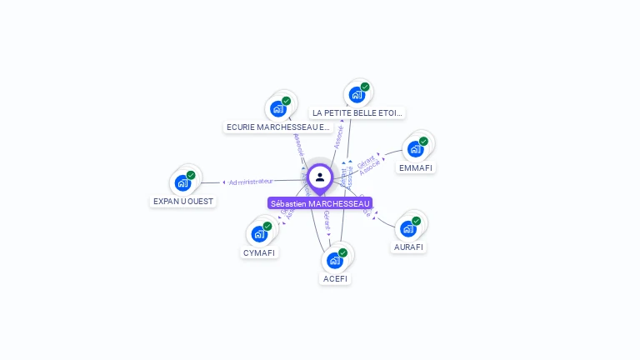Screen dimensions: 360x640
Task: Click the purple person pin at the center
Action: click(x=320, y=177)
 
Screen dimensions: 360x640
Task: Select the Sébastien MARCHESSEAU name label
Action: click(x=320, y=203)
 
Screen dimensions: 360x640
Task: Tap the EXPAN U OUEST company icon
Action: click(x=183, y=182)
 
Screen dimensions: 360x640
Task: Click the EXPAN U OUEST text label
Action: click(x=183, y=201)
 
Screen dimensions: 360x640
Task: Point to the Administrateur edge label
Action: click(x=251, y=181)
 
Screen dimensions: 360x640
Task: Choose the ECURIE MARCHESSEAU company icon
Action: click(x=278, y=108)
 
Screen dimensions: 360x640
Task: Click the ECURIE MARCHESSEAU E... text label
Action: click(x=278, y=127)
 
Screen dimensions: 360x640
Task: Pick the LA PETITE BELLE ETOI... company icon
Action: click(x=357, y=94)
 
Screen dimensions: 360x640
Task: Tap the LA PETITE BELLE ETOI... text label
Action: click(x=357, y=112)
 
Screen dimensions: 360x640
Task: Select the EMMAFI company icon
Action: click(x=415, y=149)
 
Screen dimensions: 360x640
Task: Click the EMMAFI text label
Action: click(x=416, y=167)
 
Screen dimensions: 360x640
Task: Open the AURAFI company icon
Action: click(x=407, y=228)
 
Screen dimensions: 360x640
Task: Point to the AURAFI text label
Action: click(x=408, y=247)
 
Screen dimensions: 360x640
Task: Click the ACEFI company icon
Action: click(x=335, y=260)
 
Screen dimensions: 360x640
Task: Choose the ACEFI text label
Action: click(x=336, y=278)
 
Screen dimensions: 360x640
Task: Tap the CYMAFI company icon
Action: click(x=260, y=233)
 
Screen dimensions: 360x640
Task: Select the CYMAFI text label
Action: click(x=259, y=252)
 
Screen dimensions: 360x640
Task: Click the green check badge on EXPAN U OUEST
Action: click(x=191, y=175)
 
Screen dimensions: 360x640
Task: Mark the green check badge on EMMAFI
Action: click(x=423, y=142)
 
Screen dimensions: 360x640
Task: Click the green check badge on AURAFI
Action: click(x=416, y=221)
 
